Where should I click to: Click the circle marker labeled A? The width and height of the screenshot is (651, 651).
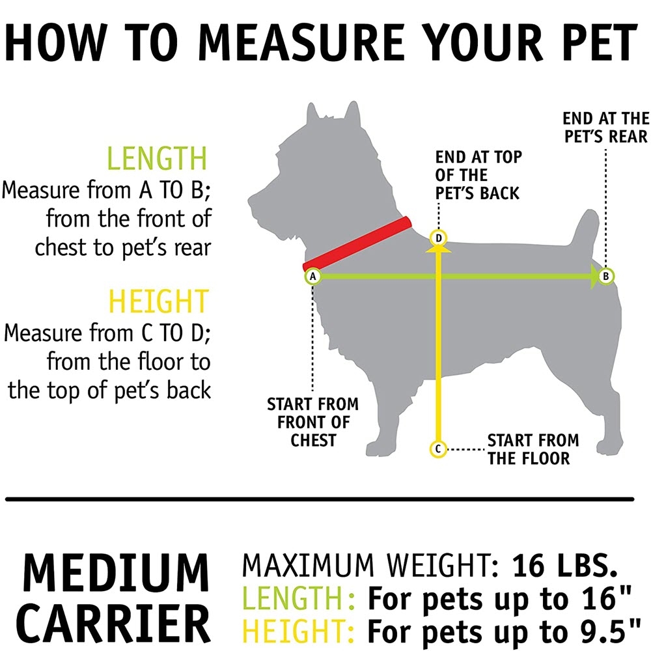click(x=313, y=277)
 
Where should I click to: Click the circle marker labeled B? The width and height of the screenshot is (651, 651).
click(x=605, y=276)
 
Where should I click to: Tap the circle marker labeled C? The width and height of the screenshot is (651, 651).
click(x=438, y=449)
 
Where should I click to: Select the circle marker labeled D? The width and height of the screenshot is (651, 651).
click(x=438, y=238)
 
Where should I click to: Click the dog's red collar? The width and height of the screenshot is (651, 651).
click(x=357, y=243)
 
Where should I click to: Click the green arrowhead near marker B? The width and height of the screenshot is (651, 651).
click(x=594, y=277)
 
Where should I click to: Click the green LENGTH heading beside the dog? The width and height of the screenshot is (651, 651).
click(x=157, y=158)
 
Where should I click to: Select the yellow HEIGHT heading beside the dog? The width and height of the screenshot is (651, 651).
click(x=158, y=301)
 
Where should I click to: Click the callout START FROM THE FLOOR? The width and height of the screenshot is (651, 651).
click(x=533, y=449)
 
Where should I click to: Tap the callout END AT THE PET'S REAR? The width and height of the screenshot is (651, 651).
click(x=605, y=128)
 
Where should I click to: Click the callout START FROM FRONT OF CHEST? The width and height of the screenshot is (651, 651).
click(x=313, y=422)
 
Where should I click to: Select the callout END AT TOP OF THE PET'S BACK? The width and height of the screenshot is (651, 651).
click(x=478, y=175)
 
